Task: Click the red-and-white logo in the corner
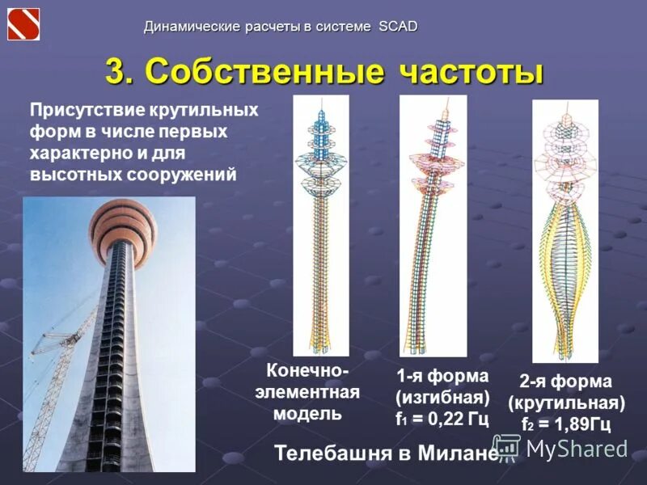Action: point(23,23)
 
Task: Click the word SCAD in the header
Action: point(397,27)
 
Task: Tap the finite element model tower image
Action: point(320,226)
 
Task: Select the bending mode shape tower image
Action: point(433,226)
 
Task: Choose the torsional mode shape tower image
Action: point(565,231)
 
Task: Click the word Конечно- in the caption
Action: point(308,373)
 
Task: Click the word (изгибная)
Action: point(442,398)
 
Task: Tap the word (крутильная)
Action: point(566,403)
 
